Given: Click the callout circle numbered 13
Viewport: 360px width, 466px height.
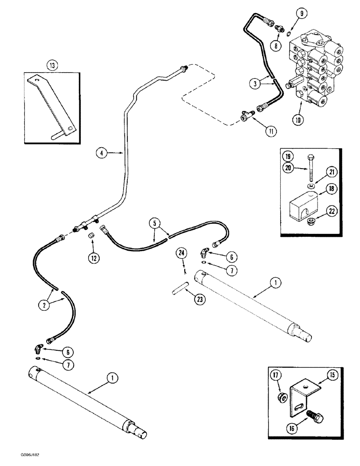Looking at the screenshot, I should [x=53, y=66].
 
